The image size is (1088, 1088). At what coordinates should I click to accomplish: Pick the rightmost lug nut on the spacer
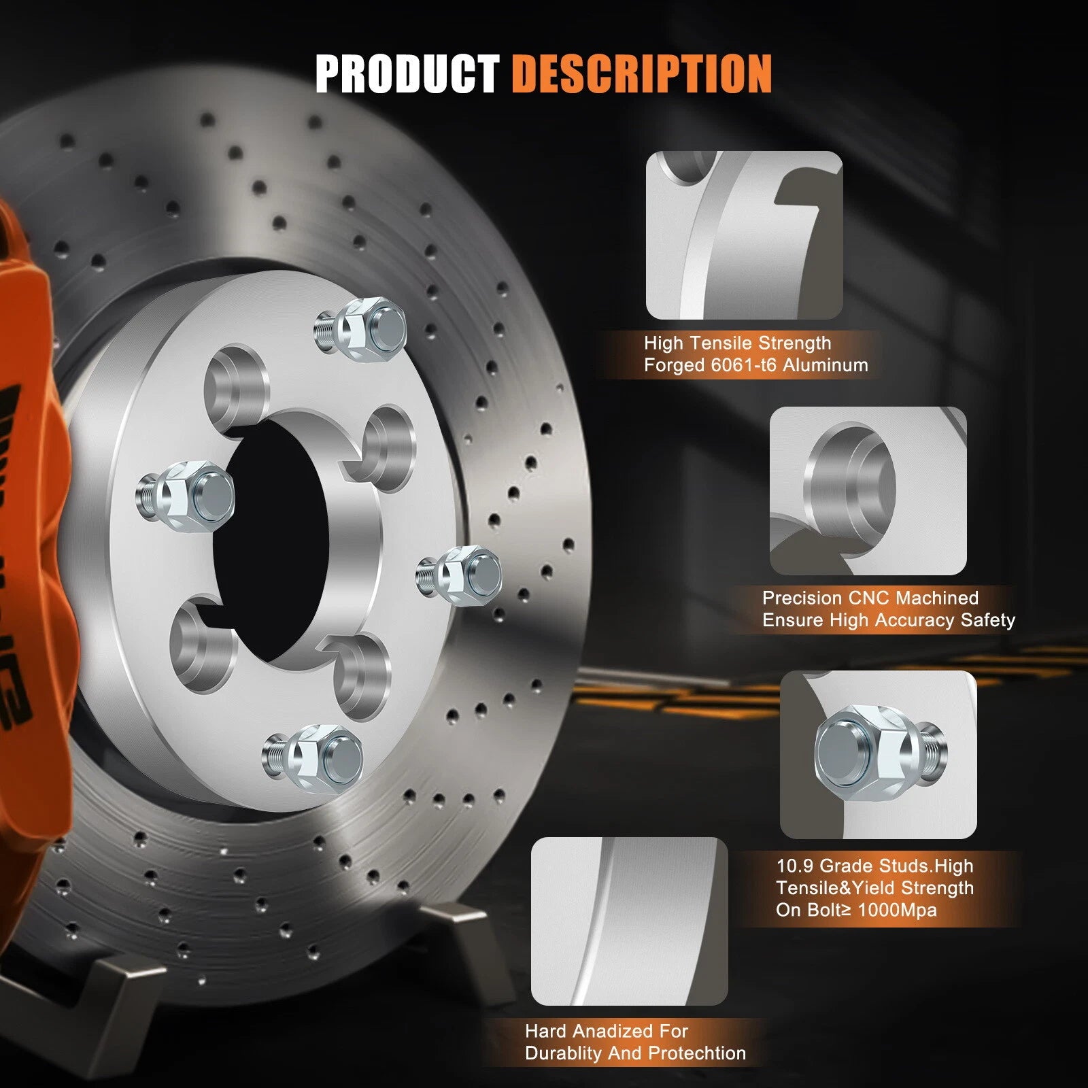coord(460,571)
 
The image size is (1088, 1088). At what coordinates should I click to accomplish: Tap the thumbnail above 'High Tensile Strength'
coord(744,235)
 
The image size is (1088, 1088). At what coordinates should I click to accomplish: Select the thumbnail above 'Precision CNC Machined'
coord(868,491)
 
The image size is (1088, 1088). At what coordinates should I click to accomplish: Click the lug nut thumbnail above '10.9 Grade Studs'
coord(878,754)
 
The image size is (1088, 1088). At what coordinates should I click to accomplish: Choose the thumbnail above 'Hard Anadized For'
coord(629,921)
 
